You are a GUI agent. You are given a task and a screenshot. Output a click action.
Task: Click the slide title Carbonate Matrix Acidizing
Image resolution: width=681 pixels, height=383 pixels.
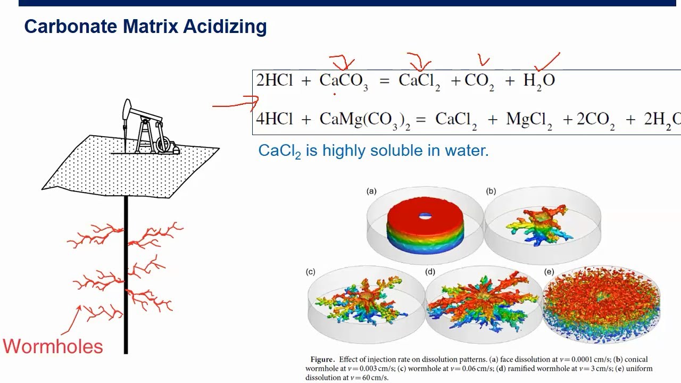tap(145, 27)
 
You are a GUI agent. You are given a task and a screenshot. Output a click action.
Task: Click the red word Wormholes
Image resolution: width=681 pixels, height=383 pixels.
tap(53, 346)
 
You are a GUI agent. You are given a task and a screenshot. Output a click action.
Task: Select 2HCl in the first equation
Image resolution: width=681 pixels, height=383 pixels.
tap(275, 80)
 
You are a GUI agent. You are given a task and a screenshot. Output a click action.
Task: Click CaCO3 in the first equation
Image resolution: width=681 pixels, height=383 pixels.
tap(343, 81)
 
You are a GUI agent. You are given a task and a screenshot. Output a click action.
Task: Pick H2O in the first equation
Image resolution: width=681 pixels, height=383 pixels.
tap(539, 81)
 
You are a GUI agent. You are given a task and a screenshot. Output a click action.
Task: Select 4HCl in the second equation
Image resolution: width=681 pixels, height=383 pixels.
tap(275, 119)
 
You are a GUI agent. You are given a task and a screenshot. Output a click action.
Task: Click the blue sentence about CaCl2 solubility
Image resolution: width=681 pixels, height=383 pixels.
tap(373, 151)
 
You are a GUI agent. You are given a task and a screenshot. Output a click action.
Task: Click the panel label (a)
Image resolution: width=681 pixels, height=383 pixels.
tap(371, 191)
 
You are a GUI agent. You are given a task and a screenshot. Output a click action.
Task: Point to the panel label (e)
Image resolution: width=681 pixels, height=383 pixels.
tap(549, 272)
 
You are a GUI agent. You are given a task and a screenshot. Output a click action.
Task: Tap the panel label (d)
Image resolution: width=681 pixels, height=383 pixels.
tap(430, 272)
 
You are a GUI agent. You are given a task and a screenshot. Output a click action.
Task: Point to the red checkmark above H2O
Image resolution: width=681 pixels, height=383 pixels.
tap(547, 61)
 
